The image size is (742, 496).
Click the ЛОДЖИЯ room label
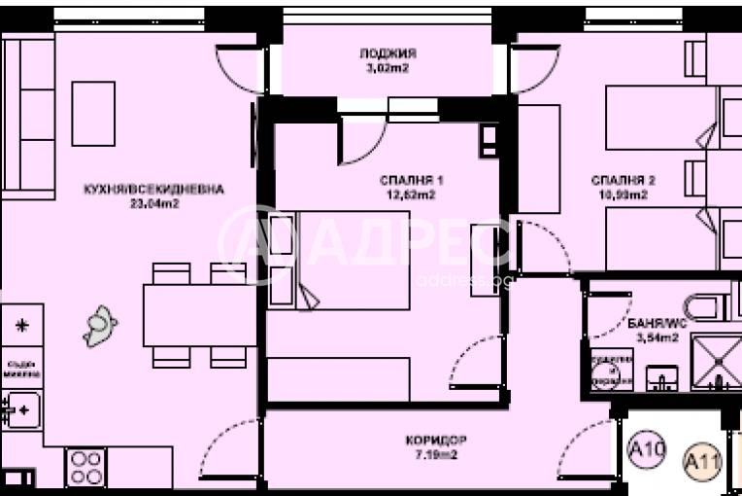pyautogui.click(x=388, y=53)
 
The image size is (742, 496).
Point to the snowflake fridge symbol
pyautogui.click(x=21, y=324)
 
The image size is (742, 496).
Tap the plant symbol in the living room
pyautogui.click(x=100, y=326)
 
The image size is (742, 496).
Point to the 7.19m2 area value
pyautogui.click(x=433, y=453)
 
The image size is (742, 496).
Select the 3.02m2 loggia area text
pyautogui.click(x=388, y=68)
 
